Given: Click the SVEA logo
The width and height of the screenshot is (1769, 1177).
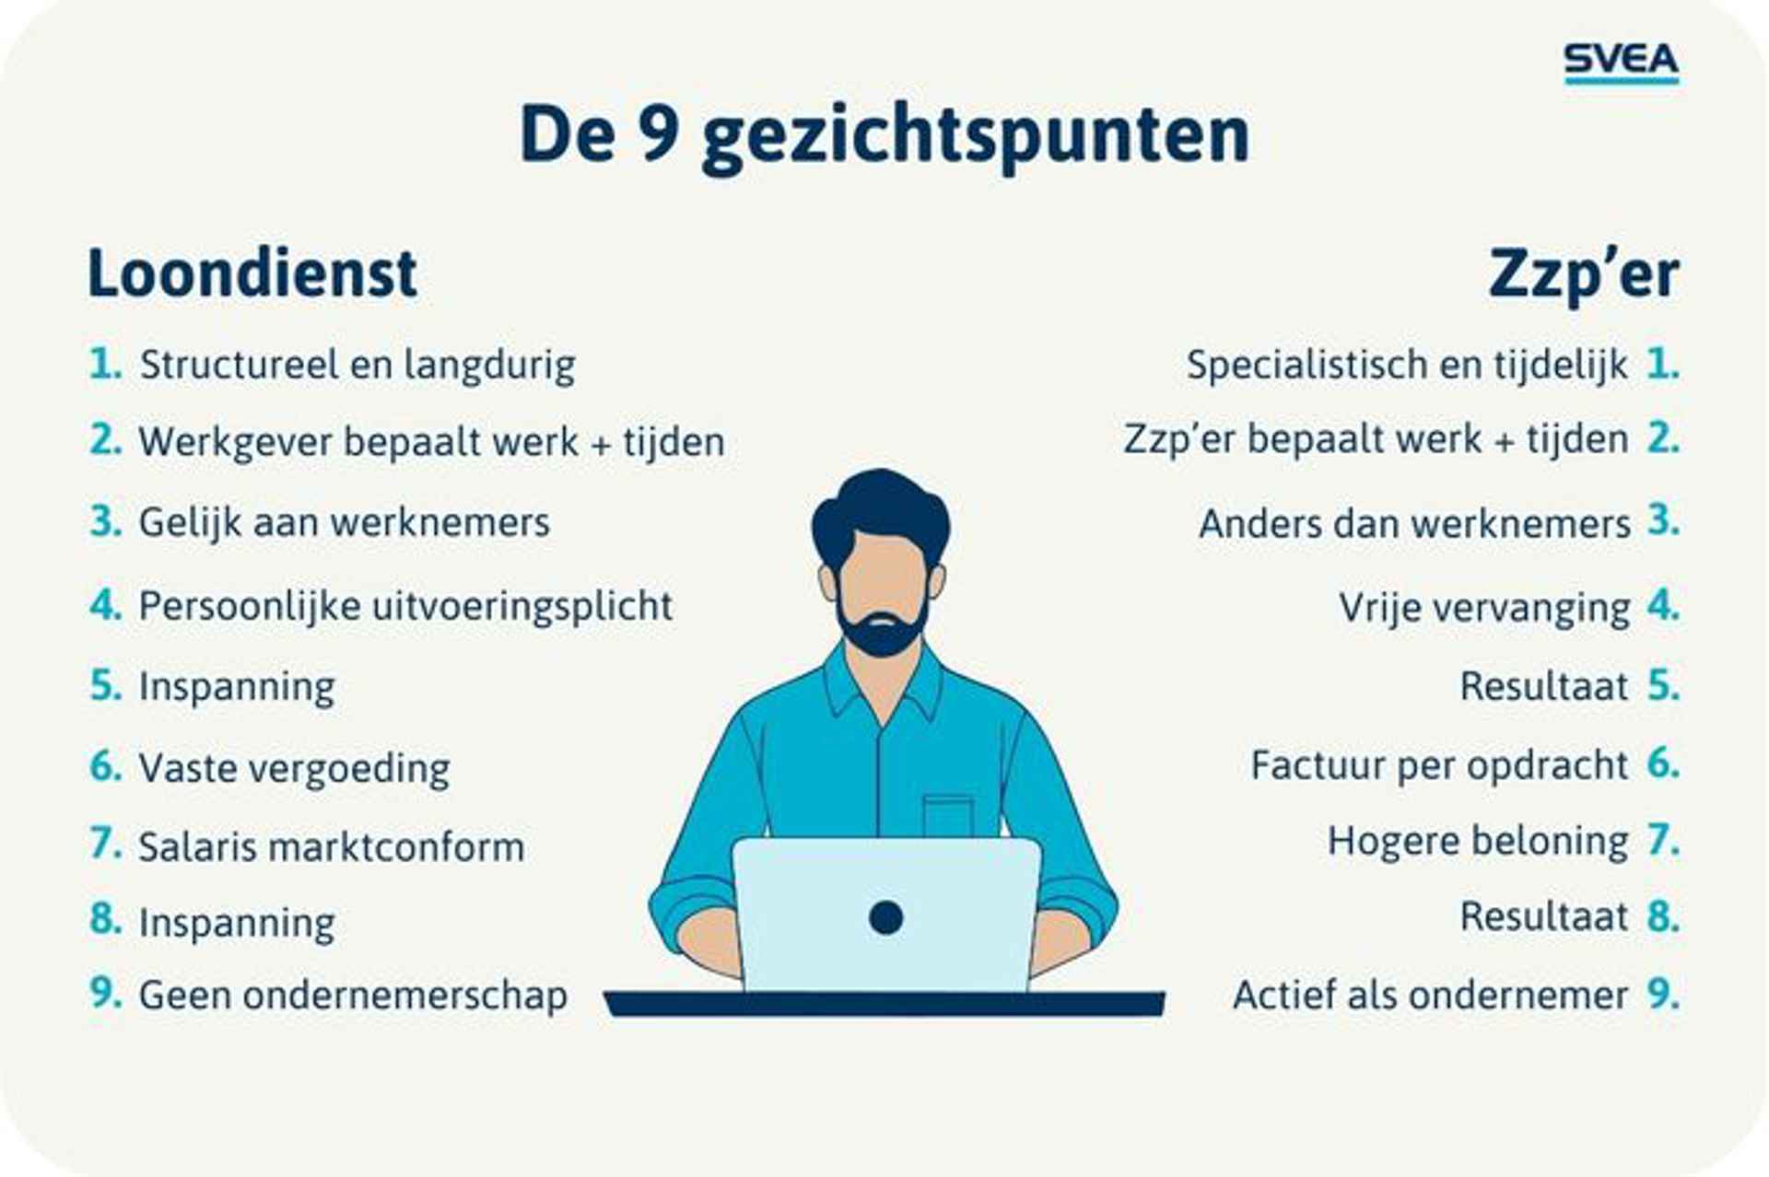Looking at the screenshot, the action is click(1622, 63).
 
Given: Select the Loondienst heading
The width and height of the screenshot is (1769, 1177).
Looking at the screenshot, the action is click(252, 274).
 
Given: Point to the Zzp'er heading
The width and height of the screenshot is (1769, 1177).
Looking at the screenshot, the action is click(1584, 275).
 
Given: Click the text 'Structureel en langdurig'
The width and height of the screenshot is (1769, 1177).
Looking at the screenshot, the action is click(357, 366).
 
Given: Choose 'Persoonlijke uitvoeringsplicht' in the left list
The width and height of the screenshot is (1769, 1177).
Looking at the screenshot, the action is click(405, 607).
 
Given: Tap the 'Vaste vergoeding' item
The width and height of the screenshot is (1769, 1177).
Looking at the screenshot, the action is click(294, 768).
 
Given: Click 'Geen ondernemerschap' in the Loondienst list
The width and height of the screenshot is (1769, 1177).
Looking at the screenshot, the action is click(353, 996).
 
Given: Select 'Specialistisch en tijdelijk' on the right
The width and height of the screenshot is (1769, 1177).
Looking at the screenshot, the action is click(1407, 366).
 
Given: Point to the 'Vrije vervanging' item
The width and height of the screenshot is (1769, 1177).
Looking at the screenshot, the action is click(1484, 608).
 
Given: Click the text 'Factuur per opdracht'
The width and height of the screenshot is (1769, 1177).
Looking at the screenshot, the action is click(1439, 766).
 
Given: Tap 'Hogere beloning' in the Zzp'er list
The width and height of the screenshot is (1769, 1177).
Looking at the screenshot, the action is click(1478, 842).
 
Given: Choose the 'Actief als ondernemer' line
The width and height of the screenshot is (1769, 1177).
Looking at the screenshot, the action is click(1430, 996).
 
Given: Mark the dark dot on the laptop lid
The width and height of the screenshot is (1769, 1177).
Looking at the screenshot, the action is click(885, 917).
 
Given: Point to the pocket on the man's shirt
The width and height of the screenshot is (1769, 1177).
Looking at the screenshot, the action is click(948, 816).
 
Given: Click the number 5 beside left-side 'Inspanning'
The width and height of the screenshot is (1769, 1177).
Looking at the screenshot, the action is click(105, 685).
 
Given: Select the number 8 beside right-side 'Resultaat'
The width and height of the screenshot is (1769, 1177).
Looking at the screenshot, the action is click(1663, 916).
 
